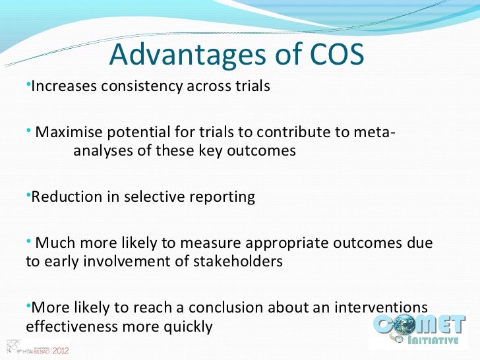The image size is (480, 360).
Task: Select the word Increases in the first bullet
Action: pos(63,87)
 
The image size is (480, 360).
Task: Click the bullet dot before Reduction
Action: pos(28,195)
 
